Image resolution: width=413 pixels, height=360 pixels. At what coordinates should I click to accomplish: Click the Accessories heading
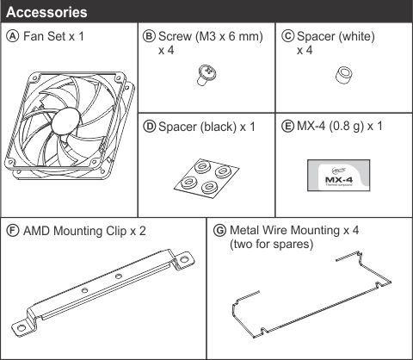(x=46, y=12)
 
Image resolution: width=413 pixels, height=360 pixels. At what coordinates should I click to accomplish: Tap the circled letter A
(x=13, y=36)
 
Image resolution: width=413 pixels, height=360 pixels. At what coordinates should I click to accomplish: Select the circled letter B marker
(x=149, y=36)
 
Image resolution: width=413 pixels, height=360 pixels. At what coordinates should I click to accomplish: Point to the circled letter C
(x=287, y=36)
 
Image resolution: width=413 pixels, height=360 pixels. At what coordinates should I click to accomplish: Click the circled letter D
(x=149, y=127)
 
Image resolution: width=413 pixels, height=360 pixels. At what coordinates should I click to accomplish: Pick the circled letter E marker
(x=287, y=126)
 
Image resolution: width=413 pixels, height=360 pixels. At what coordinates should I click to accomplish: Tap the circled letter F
(x=13, y=231)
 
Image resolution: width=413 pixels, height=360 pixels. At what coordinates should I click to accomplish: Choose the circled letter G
(x=219, y=231)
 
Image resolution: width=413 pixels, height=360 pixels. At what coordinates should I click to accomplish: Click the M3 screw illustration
(x=206, y=75)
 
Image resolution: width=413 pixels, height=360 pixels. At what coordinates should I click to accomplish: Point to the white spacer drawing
(x=344, y=75)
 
